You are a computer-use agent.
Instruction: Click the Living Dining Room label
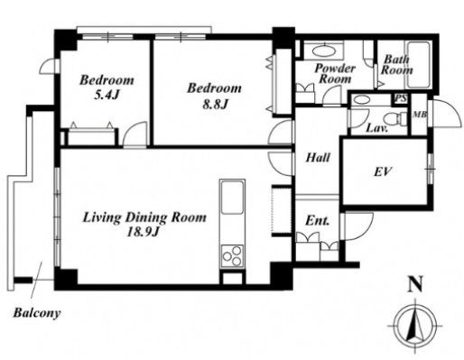point(144,217)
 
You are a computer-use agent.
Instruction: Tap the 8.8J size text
point(215,105)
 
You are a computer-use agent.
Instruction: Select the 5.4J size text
point(107,96)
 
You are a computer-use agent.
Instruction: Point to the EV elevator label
point(383,171)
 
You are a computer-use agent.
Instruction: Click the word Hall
point(318,158)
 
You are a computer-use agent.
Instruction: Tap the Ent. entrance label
point(317,221)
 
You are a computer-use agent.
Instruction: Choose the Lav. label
point(376,129)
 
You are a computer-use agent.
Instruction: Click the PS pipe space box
point(401,98)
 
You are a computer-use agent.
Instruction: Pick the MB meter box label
point(420,115)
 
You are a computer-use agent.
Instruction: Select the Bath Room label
point(396,65)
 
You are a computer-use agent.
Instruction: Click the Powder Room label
point(335,73)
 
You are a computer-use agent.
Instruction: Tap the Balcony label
point(37,314)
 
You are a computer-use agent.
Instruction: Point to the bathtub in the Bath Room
point(418,65)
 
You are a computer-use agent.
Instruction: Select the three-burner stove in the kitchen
point(232,256)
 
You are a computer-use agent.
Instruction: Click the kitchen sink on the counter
point(232,197)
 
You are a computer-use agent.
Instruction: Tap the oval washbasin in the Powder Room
point(324,51)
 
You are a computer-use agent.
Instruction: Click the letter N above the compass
point(415,284)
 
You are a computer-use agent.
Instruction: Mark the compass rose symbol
point(414,327)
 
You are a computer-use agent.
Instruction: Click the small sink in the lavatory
point(361,100)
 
